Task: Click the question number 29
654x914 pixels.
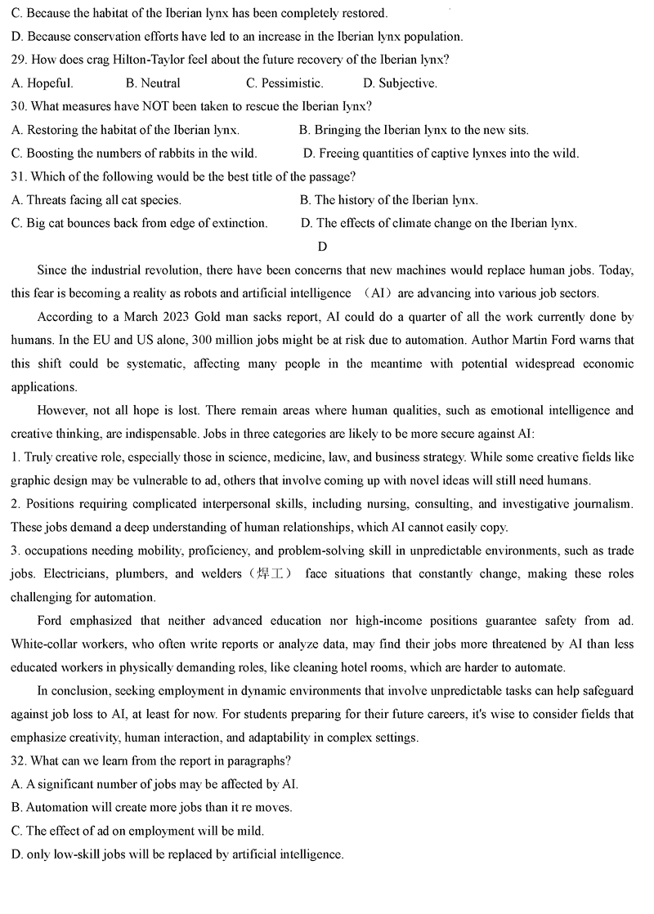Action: point(18,60)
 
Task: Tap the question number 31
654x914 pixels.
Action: point(18,176)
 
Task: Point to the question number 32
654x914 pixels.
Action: point(18,761)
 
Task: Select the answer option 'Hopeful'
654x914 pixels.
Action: point(50,83)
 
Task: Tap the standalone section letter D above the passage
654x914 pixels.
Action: point(322,247)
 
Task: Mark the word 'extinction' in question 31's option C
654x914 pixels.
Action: point(238,223)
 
